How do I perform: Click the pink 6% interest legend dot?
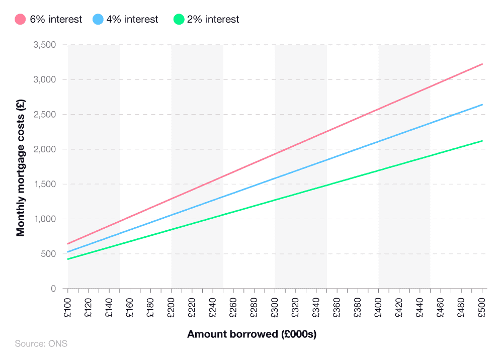point(20,20)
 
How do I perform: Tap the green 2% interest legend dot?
point(179,20)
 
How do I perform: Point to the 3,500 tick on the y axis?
point(44,45)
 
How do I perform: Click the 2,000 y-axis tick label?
point(44,149)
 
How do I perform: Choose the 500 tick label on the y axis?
point(48,254)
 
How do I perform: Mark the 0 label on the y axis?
point(52,289)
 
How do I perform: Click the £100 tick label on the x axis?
point(68,308)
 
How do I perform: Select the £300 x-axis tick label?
point(275,308)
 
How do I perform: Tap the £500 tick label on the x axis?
point(482,308)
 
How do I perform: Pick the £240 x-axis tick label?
point(213,308)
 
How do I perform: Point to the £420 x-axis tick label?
point(399,308)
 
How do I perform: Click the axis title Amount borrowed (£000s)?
point(251,334)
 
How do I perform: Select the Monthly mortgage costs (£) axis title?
point(21,166)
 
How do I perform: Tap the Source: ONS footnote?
point(41,344)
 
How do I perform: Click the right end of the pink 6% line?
point(482,64)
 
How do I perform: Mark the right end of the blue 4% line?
point(482,105)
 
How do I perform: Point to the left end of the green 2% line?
point(68,259)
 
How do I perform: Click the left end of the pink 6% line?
point(68,244)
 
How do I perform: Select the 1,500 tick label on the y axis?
point(44,184)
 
